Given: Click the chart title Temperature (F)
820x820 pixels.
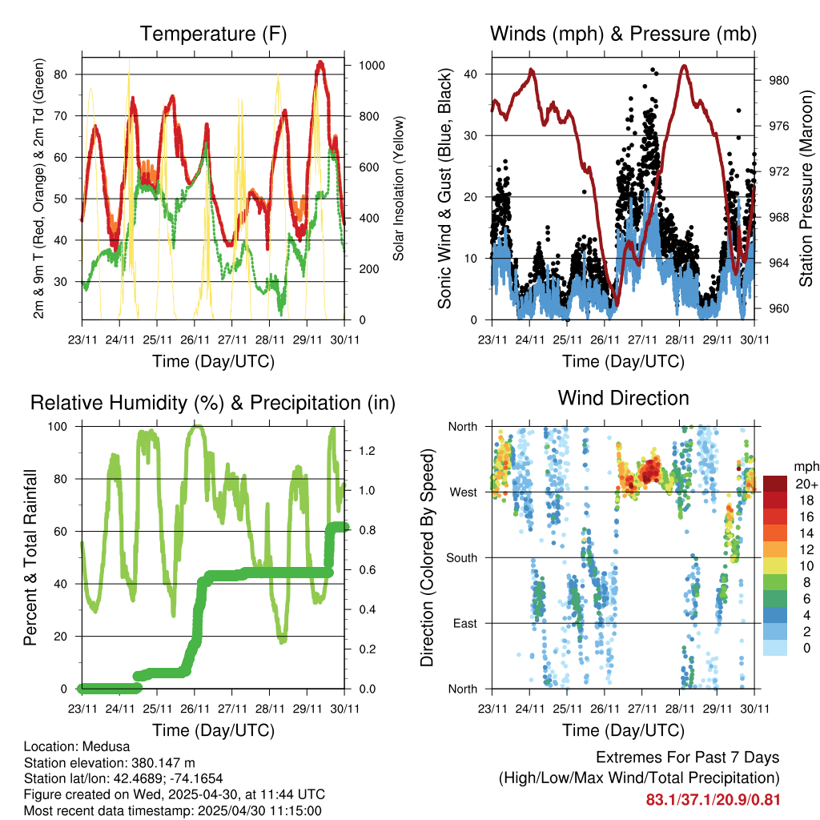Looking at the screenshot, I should pyautogui.click(x=213, y=34).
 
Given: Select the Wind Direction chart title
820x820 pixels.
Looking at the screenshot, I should pyautogui.click(x=623, y=398).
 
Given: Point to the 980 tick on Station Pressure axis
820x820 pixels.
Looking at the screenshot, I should pyautogui.click(x=781, y=80).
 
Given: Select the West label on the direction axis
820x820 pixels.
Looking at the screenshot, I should pyautogui.click(x=462, y=492).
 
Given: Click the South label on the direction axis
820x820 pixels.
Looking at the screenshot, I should pyautogui.click(x=460, y=558).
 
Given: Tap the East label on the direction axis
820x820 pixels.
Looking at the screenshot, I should pyautogui.click(x=464, y=624).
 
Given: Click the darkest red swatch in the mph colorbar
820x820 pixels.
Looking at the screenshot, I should pyautogui.click(x=775, y=484).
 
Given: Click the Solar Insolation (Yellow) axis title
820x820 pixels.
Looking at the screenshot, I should pyautogui.click(x=399, y=188).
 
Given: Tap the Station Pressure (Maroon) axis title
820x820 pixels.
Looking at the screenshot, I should pyautogui.click(x=806, y=188).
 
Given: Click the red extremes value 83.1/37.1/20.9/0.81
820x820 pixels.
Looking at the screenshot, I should pyautogui.click(x=713, y=798).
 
